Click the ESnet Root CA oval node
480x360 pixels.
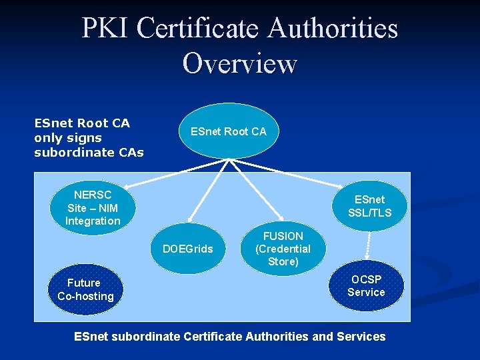click(229, 131)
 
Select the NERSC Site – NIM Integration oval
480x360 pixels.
click(93, 208)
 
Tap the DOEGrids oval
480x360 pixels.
click(188, 249)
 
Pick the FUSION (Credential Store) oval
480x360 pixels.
click(283, 249)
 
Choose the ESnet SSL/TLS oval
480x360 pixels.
click(369, 206)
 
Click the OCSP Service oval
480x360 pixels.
click(366, 285)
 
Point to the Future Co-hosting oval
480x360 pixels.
click(85, 289)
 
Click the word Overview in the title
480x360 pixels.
click(239, 64)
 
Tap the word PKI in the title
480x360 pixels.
click(104, 29)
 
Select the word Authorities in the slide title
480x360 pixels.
click(333, 29)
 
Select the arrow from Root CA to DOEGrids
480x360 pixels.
click(210, 190)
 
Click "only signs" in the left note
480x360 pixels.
click(68, 138)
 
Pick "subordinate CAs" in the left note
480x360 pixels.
click(89, 153)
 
